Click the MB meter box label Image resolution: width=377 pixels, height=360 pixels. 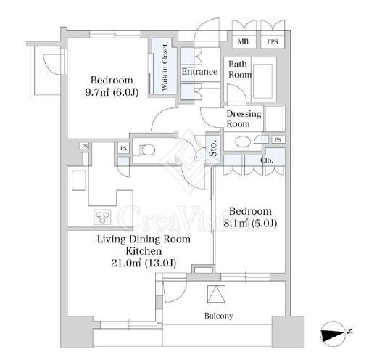coord(243,41)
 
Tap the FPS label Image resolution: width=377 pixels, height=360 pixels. coord(273,42)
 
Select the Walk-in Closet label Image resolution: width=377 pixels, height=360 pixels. coord(165,67)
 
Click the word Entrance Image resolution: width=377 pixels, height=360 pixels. coord(199,72)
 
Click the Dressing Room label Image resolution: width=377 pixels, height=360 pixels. coord(244,119)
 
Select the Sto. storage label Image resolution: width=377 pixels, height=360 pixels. coord(214,148)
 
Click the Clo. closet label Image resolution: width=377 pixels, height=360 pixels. coord(267,160)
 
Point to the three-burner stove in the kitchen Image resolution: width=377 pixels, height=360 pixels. coord(102,217)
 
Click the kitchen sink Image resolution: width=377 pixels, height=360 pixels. coord(79,180)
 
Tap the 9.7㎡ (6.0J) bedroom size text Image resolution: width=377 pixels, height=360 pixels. coord(112,92)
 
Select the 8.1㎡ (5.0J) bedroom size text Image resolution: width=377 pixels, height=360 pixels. coord(250,224)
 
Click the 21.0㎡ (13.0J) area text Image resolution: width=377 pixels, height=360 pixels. coord(144,263)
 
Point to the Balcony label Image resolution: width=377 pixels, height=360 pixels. coord(219,316)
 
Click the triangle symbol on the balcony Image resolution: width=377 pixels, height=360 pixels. coord(216,294)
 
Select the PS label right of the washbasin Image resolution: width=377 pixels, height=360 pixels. coord(278,139)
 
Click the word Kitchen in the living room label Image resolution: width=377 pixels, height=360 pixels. coord(144,251)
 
